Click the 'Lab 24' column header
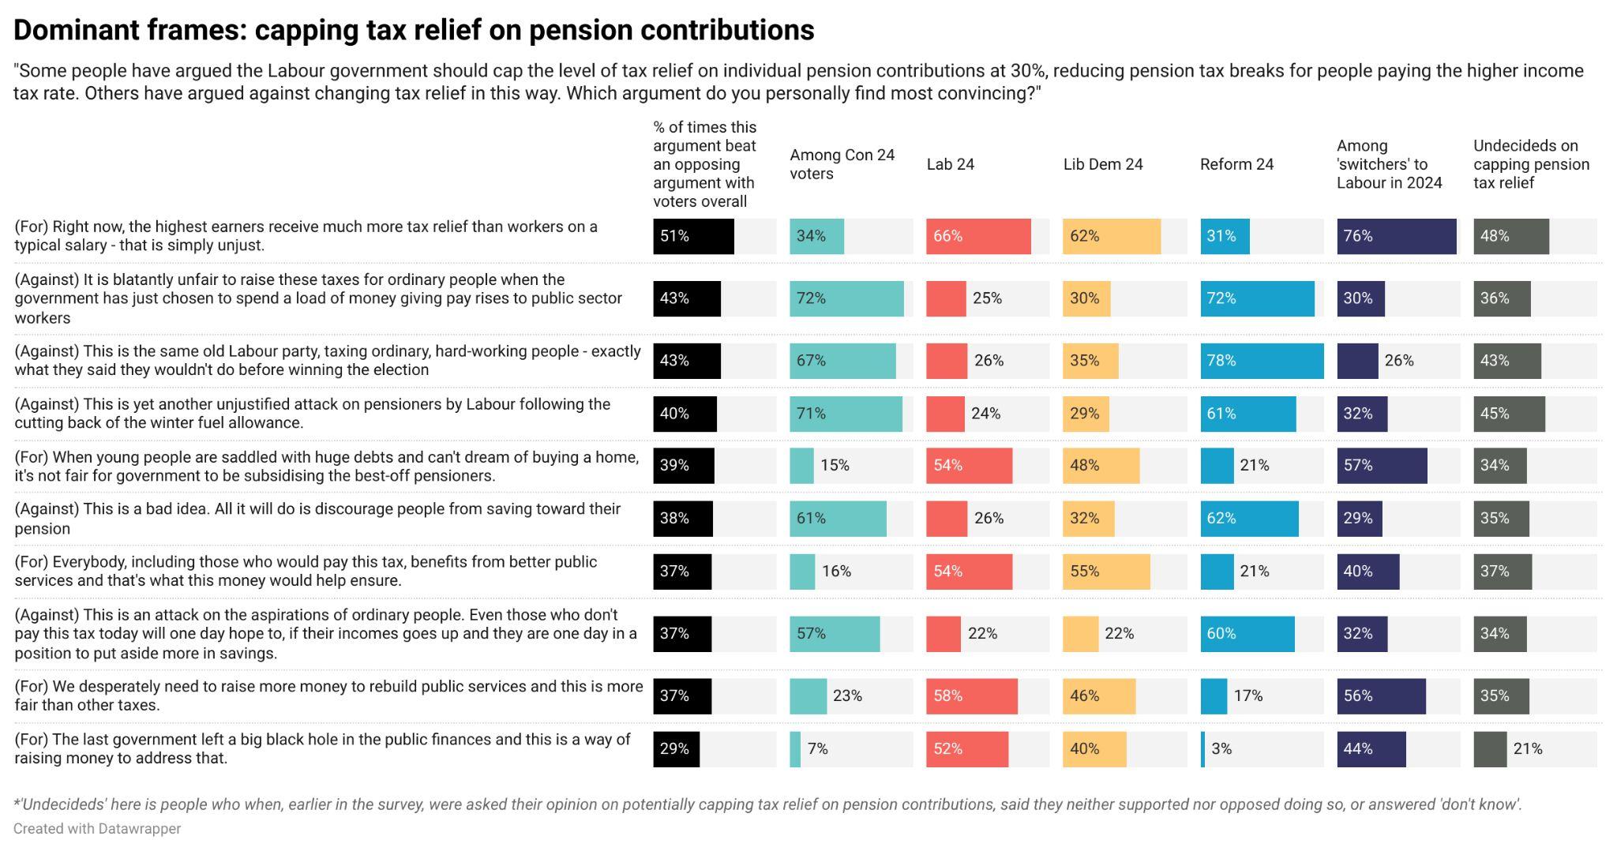(x=950, y=164)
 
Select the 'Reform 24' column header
(x=1236, y=164)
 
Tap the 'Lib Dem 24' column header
(x=1102, y=164)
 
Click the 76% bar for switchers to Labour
(x=1396, y=236)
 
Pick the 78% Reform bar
(x=1262, y=361)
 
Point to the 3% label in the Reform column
(x=1221, y=748)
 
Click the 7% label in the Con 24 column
(x=817, y=748)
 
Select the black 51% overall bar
(x=693, y=236)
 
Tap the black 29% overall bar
(x=676, y=748)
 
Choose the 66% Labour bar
(x=978, y=236)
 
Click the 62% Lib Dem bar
(x=1112, y=236)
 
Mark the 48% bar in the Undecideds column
(x=1510, y=236)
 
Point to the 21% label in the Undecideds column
(x=1527, y=748)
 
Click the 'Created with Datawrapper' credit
(x=97, y=829)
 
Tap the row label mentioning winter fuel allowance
(x=312, y=413)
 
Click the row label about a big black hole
(x=322, y=748)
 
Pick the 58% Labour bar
(x=971, y=695)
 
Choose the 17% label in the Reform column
(x=1247, y=695)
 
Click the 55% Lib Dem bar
(x=1106, y=571)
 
